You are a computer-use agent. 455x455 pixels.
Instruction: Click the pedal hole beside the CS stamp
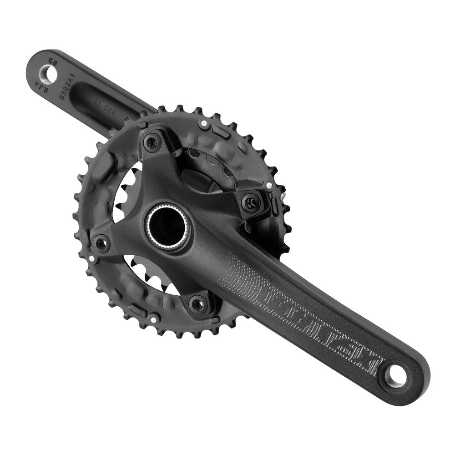(x=49, y=71)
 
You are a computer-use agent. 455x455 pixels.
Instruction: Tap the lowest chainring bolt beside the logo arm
(x=197, y=303)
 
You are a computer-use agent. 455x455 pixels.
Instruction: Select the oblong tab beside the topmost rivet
(x=221, y=131)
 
